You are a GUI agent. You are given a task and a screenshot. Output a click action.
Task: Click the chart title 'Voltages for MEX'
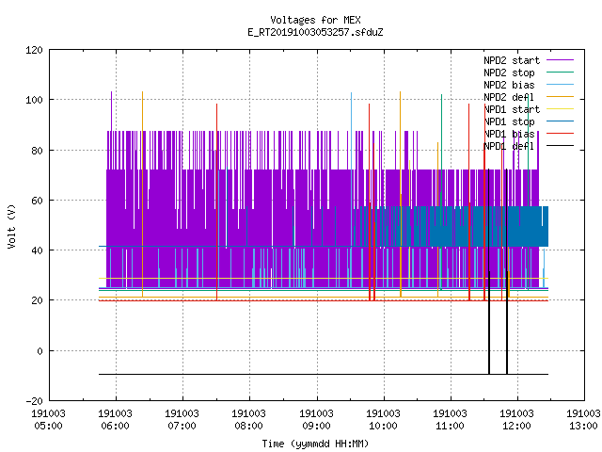coord(315,20)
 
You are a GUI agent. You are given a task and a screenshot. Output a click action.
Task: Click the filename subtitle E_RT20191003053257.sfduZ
coord(315,32)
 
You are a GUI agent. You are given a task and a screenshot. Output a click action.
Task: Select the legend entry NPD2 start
coord(512,60)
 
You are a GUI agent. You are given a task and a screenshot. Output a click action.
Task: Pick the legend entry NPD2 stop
coord(509,73)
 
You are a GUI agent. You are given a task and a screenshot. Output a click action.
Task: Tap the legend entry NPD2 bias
coord(509,85)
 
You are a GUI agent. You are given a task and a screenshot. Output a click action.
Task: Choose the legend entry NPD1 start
coord(512,109)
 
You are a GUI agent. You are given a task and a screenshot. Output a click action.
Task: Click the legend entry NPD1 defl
coord(509,146)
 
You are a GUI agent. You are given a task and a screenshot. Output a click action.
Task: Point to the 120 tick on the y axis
coord(34,50)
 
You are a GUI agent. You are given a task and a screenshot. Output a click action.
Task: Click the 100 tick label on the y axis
coord(34,100)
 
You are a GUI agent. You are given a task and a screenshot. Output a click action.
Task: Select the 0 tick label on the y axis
coord(40,351)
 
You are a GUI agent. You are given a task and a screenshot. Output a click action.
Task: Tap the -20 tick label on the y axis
coord(34,401)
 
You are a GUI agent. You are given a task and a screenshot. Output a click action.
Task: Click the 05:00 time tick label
coord(48,426)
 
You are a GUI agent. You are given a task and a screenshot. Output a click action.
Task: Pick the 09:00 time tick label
coord(316,426)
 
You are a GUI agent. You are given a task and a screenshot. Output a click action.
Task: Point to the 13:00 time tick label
coord(583,426)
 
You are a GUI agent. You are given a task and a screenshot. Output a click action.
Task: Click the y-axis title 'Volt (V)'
coord(12,226)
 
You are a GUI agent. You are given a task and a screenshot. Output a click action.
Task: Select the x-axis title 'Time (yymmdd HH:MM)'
coord(315,444)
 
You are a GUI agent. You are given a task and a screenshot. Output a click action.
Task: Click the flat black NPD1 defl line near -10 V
coord(324,374)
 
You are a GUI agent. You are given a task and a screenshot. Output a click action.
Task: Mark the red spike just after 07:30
coord(217,202)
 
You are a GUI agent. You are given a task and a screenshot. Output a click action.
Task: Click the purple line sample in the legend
coord(561,60)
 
